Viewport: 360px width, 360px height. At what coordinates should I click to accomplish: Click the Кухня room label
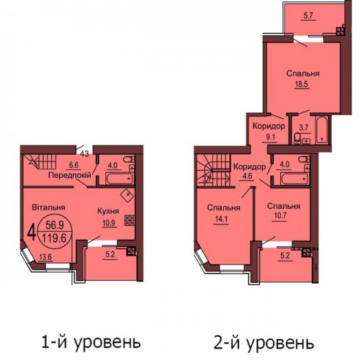coord(108,211)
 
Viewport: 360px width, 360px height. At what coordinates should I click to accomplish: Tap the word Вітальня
coord(48,207)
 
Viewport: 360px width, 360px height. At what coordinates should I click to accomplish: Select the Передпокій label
coord(70,175)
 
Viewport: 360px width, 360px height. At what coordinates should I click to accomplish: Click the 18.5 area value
coord(302,84)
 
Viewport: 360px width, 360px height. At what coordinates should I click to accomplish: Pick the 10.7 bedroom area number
coord(280,215)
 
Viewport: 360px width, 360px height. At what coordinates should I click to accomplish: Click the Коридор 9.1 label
coord(269,131)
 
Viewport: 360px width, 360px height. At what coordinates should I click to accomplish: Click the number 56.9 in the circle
coord(55,225)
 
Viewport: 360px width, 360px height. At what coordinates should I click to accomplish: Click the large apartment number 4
coord(32,233)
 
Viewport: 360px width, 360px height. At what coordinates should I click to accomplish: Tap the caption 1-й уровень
coord(91,342)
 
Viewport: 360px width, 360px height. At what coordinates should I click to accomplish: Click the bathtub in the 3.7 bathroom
coord(322,130)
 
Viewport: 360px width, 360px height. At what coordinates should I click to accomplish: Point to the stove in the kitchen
coord(130,220)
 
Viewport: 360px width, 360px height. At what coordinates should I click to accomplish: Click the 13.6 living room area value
coord(45,257)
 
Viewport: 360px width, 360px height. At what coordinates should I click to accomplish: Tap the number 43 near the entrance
coord(84,153)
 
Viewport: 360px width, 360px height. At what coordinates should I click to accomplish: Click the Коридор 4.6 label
coord(250,171)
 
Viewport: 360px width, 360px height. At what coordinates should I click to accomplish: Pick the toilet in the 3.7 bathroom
coord(297,138)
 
